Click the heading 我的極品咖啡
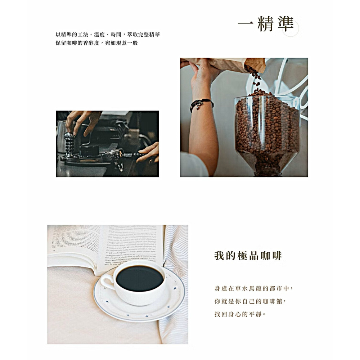point(248,256)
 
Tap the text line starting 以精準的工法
point(108,35)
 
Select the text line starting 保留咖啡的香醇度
point(96,43)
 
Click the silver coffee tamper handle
point(69,144)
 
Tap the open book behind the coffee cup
point(104,245)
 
